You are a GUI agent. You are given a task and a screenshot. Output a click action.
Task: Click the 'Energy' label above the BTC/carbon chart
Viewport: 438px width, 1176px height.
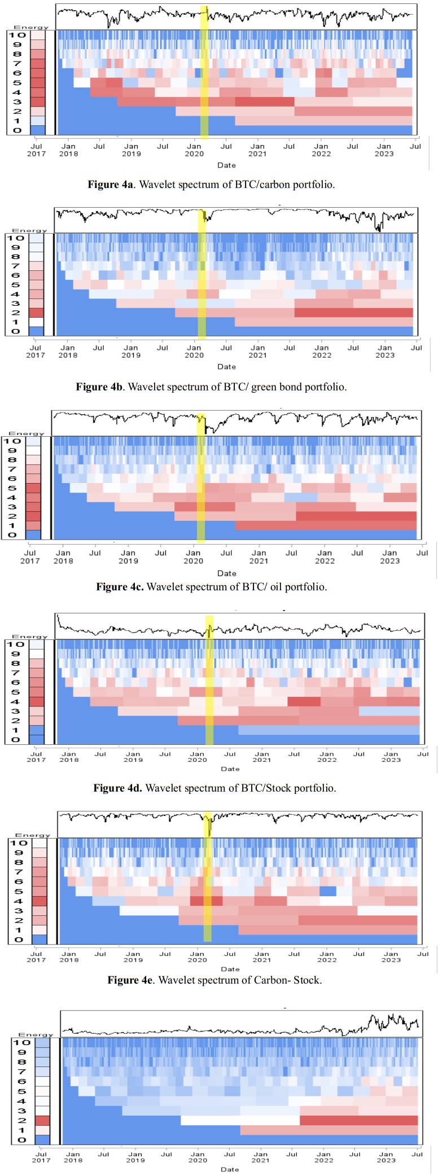[x=32, y=27]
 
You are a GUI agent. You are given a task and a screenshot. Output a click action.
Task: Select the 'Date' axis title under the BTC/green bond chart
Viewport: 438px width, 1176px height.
[x=227, y=367]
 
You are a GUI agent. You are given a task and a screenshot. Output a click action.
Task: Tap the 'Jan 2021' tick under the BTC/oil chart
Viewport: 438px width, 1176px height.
[x=259, y=557]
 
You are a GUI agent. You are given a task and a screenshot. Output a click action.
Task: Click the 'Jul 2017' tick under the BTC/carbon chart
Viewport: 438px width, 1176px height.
[x=36, y=150]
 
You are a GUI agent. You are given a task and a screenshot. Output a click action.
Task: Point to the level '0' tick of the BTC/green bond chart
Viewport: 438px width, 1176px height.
[x=15, y=331]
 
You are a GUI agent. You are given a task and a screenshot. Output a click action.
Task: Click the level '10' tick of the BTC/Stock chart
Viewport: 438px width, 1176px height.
[x=16, y=644]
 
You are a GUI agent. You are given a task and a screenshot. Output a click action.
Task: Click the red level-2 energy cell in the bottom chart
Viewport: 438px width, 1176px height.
[x=43, y=1120]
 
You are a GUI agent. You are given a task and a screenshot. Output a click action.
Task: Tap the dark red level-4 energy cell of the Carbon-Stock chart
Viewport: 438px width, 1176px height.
[x=40, y=901]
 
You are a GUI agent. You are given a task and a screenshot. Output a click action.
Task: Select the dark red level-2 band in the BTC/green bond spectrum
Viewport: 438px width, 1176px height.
[x=354, y=313]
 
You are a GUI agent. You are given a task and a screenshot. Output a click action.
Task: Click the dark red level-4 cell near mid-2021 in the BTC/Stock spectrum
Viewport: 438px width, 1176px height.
[x=304, y=701]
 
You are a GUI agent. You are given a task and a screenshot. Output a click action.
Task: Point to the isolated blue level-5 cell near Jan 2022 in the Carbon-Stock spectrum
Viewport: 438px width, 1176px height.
[x=328, y=891]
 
